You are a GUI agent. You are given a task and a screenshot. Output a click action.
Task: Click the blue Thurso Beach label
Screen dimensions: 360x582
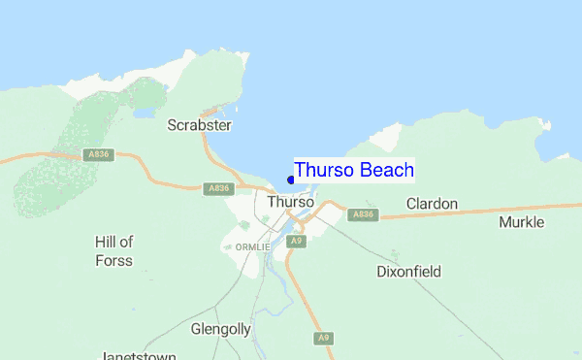pos(354,170)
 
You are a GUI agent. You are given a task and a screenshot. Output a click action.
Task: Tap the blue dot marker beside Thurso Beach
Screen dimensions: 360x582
pos(291,180)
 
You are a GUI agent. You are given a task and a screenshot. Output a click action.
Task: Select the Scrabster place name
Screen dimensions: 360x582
pos(199,125)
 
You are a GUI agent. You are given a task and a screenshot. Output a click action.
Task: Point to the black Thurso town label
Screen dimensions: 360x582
pos(290,202)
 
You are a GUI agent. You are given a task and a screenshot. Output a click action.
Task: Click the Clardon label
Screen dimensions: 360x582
pos(432,205)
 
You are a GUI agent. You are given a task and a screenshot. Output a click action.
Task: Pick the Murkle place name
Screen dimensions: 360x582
pos(522,222)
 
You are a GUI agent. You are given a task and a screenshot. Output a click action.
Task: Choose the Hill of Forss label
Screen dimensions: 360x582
pos(113,250)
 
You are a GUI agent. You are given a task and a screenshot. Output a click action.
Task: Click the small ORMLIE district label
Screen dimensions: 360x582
pos(250,247)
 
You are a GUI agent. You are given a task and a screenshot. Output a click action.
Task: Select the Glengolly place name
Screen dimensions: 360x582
pos(221,329)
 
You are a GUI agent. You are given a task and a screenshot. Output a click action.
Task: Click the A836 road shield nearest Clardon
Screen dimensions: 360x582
pos(362,214)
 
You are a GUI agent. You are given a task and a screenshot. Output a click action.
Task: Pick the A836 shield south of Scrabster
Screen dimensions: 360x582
pos(218,189)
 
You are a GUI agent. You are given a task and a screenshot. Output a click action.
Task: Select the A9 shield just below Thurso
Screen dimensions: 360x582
pos(297,241)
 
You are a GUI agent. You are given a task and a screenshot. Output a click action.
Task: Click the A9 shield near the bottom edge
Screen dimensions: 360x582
pos(324,338)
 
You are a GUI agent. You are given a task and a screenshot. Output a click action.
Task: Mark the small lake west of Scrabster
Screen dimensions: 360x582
pos(143,113)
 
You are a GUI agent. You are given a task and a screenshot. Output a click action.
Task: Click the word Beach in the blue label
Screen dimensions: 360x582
pos(387,170)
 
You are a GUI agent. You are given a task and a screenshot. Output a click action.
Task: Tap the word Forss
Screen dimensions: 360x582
pos(113,260)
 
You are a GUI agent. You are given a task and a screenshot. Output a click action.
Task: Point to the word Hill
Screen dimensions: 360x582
pos(107,242)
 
